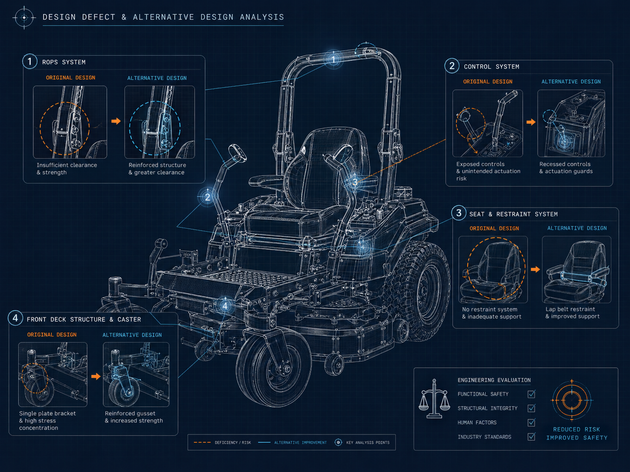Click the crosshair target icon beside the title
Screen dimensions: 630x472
[x=24, y=17]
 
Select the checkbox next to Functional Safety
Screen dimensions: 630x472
[x=531, y=394]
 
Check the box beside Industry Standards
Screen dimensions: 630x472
[x=531, y=437]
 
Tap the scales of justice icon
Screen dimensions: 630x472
[x=434, y=399]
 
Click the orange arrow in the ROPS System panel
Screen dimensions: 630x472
[x=116, y=121]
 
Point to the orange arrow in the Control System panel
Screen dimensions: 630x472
[x=531, y=122]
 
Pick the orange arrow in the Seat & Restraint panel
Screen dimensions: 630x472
[x=535, y=269]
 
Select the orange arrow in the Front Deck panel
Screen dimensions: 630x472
[x=96, y=376]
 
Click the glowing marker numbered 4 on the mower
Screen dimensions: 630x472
[x=225, y=306]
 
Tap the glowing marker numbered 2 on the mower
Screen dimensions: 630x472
[x=208, y=197]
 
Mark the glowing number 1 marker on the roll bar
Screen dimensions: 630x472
[x=333, y=59]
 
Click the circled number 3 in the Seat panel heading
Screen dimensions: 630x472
[x=459, y=213]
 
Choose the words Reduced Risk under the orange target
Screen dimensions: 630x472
[x=576, y=429]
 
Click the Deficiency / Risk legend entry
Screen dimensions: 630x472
[x=222, y=442]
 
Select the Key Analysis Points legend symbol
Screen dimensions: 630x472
[x=338, y=442]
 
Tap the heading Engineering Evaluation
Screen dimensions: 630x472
[x=494, y=380]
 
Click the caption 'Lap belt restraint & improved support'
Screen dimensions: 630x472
[x=572, y=312]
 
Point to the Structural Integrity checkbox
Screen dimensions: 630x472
[x=531, y=408]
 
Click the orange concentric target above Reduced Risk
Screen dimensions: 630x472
[x=572, y=400]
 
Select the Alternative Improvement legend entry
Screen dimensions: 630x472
[x=292, y=442]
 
